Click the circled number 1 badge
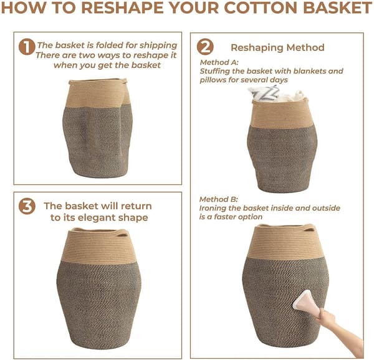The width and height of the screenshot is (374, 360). (27, 47)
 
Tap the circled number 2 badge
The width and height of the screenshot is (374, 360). (205, 47)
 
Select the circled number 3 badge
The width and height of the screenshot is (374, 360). (27, 206)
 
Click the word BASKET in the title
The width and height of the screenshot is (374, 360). (337, 7)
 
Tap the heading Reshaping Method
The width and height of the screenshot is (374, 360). (277, 47)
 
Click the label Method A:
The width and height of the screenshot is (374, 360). (219, 62)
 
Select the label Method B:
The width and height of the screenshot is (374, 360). (219, 199)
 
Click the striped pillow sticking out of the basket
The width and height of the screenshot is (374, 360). (264, 93)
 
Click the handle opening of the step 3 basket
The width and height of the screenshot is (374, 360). (123, 235)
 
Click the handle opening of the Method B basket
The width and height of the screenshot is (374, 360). (309, 230)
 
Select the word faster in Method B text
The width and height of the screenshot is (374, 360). (226, 217)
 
